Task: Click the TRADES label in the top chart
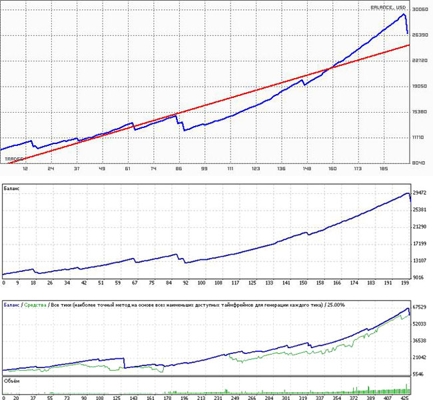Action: pyautogui.click(x=14, y=159)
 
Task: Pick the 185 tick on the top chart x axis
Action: pyautogui.click(x=384, y=170)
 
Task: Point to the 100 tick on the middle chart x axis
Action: pyautogui.click(x=201, y=283)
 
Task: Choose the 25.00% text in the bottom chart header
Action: pyautogui.click(x=334, y=305)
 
